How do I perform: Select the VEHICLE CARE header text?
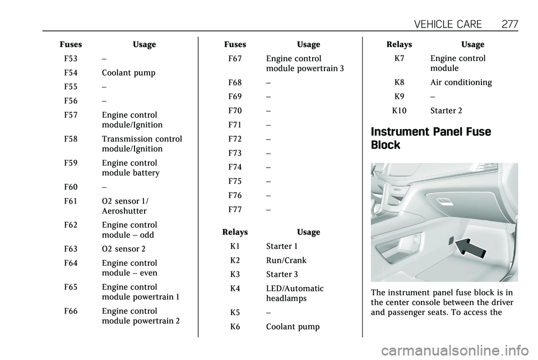tap(448, 24)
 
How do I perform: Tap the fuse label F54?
tap(71, 73)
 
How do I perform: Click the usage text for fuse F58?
tap(142, 144)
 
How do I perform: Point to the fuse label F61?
tap(71, 201)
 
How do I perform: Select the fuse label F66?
tap(71, 311)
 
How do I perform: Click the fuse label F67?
tap(235, 58)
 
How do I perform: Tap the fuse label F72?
tap(235, 139)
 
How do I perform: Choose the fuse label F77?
tap(235, 210)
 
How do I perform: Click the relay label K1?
tap(235, 246)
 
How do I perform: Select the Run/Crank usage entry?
tap(286, 260)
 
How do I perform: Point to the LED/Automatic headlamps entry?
tap(295, 293)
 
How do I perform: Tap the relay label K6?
tap(235, 326)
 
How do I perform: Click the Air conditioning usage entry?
tap(461, 82)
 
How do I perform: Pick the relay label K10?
tap(400, 110)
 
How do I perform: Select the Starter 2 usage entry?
tap(447, 110)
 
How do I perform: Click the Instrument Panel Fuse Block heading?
tap(431, 139)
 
